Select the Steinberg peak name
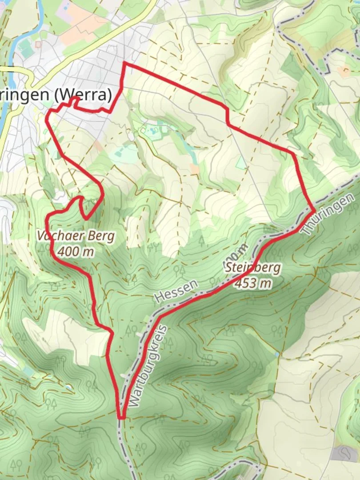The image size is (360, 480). (x=252, y=268)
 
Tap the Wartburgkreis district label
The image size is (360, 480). (x=149, y=366)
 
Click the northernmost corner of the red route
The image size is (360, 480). (x=124, y=64)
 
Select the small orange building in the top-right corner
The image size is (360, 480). (x=343, y=70)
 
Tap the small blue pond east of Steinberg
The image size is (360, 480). (x=277, y=354)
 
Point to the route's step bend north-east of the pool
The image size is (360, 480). (x=228, y=116)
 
